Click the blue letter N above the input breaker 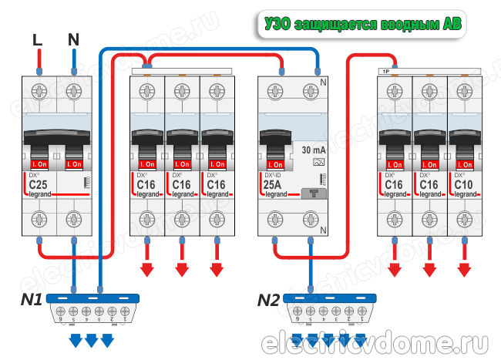point(73,39)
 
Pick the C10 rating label point(464,186)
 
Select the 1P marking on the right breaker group point(383,72)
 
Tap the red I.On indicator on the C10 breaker point(464,165)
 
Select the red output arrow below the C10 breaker point(464,269)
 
